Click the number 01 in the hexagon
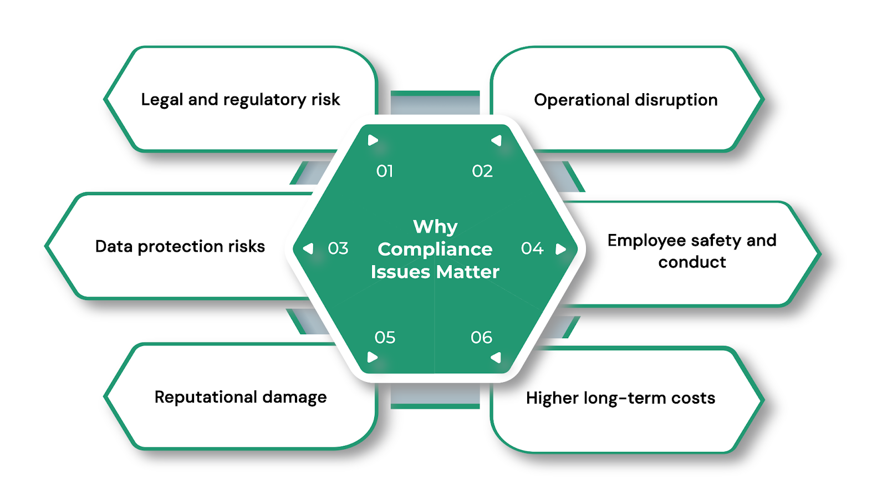point(385,171)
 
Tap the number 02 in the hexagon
point(482,171)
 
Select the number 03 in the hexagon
point(338,248)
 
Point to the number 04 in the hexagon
point(532,248)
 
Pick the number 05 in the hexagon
point(385,337)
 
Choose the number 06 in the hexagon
point(481,337)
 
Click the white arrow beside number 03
point(309,248)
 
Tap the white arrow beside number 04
point(560,249)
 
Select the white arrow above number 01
point(373,140)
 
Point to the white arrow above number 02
point(496,140)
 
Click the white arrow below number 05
point(373,357)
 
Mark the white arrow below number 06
point(496,358)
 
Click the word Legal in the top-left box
point(162,100)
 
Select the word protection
point(180,247)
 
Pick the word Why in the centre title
point(435,227)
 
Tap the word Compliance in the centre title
point(435,249)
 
